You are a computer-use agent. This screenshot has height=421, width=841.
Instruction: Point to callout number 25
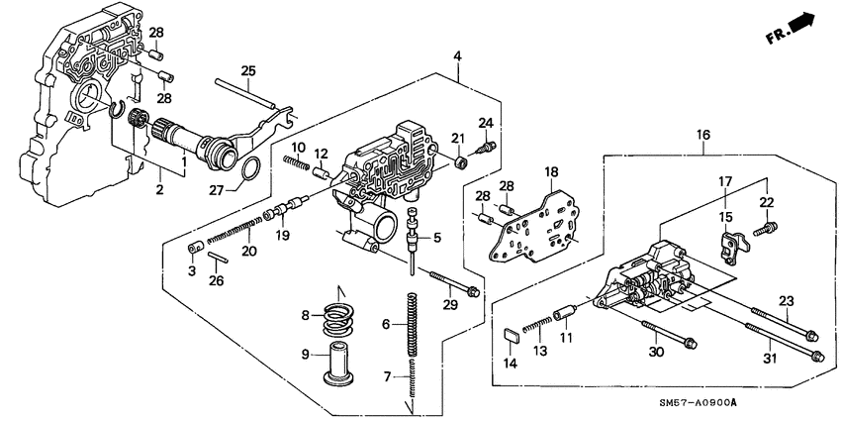248,70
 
